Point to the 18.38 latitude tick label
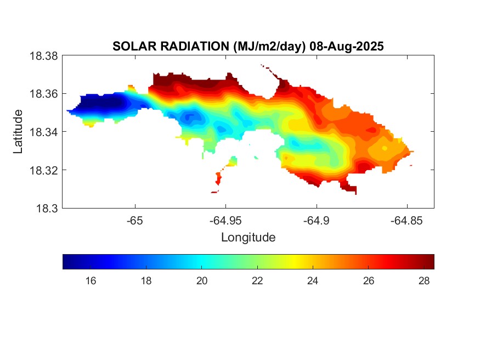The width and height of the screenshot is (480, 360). [x=43, y=55]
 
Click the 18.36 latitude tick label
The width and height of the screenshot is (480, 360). [x=43, y=94]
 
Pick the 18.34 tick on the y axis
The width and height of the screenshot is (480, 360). [x=43, y=132]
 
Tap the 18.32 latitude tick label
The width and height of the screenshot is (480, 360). [x=43, y=170]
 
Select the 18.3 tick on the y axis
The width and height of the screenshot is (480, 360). [x=46, y=208]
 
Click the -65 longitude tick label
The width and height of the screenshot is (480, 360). [x=135, y=221]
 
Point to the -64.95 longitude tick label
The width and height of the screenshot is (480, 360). [x=225, y=221]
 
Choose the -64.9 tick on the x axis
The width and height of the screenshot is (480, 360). [x=316, y=221]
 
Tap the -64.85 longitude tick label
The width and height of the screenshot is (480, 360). [x=406, y=221]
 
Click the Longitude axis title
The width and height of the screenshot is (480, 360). [x=248, y=238]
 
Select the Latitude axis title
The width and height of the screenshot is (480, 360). [x=18, y=132]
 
